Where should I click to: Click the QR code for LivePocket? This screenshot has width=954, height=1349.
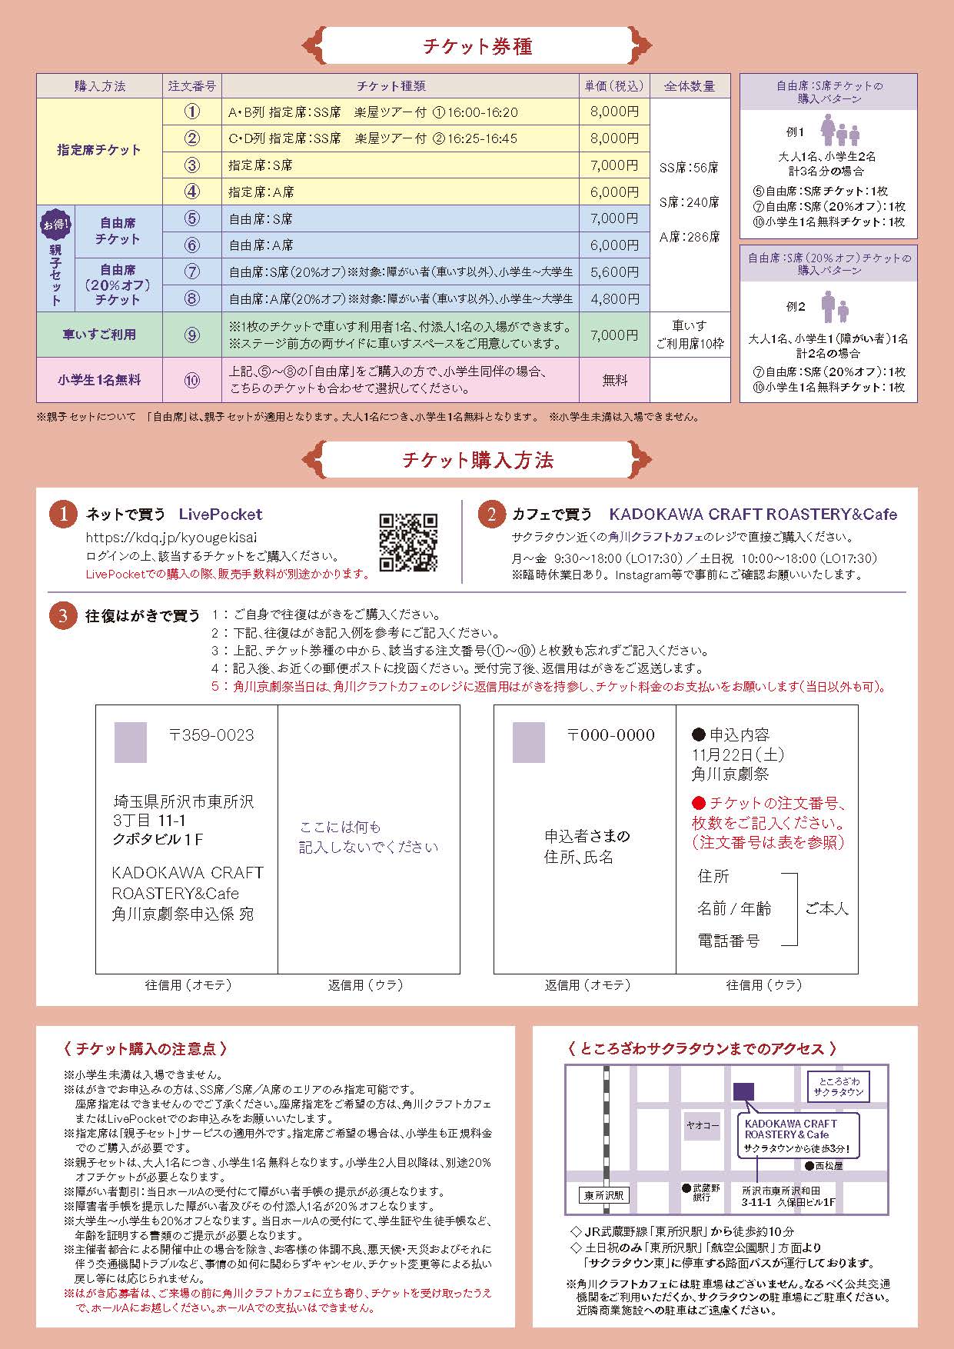click(x=408, y=543)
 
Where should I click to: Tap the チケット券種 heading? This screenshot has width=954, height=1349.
click(x=477, y=46)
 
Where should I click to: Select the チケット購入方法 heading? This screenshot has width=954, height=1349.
click(x=477, y=460)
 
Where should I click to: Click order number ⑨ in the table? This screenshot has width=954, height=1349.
click(x=192, y=335)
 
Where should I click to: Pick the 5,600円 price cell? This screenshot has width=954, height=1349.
click(x=614, y=271)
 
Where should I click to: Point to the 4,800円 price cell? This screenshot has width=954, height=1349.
click(x=614, y=298)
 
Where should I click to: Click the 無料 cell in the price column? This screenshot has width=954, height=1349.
click(x=614, y=380)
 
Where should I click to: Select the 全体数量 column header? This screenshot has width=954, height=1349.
click(x=689, y=86)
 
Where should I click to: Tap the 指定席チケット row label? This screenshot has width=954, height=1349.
click(x=99, y=151)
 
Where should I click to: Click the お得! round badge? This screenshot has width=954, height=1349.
click(x=55, y=225)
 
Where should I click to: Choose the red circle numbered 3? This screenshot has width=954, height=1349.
click(x=63, y=615)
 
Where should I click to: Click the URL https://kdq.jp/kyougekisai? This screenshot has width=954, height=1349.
click(x=171, y=538)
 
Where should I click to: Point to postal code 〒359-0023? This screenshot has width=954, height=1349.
click(x=211, y=735)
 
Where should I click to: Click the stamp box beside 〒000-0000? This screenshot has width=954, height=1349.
click(x=528, y=742)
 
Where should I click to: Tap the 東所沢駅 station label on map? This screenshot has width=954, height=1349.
click(x=604, y=1195)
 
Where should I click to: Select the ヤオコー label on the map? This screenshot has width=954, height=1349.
click(x=703, y=1125)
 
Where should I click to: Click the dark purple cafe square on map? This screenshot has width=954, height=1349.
click(x=743, y=1091)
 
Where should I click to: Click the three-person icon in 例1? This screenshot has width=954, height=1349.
click(x=839, y=132)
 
